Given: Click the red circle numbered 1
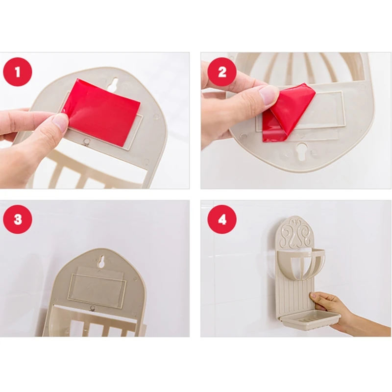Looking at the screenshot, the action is (18, 72).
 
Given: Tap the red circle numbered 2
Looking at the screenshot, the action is (222, 72).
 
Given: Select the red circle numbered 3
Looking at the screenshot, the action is (18, 220).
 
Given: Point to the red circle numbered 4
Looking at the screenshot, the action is (222, 220).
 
